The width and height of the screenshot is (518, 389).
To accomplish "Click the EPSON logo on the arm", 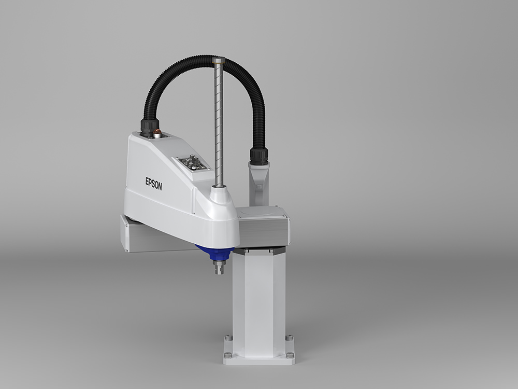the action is click(154, 184).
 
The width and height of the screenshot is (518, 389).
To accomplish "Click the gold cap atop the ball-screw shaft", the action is click(219, 60).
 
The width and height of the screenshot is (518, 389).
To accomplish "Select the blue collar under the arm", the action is click(215, 253).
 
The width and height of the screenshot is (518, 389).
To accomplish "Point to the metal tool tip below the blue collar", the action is click(219, 267).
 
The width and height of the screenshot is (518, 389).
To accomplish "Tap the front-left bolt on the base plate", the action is click(228, 355).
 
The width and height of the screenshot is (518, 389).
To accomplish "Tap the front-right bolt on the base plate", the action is click(290, 355).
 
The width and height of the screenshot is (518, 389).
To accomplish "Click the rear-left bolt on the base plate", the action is click(228, 338).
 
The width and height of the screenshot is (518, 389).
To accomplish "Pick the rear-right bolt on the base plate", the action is click(289, 338).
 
